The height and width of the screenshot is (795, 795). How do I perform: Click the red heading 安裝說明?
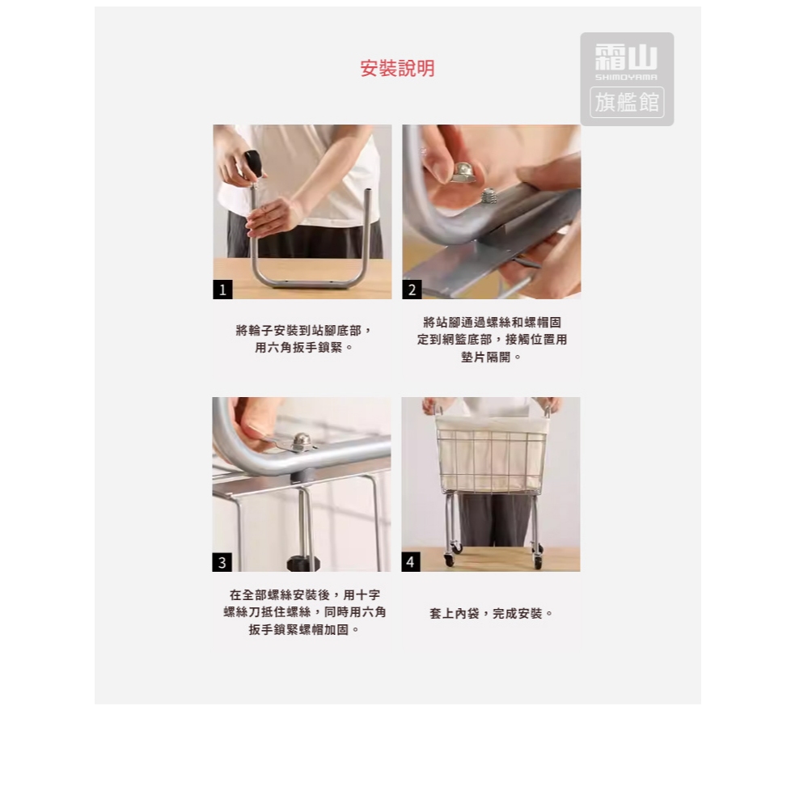click(x=398, y=69)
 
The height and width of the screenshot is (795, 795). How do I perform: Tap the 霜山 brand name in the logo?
click(x=626, y=57)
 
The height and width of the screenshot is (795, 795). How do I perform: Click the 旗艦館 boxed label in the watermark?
click(x=627, y=103)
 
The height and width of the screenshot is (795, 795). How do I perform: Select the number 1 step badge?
click(x=222, y=290)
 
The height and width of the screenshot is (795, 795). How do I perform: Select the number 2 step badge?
click(x=412, y=290)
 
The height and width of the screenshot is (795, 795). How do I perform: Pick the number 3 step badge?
click(x=222, y=562)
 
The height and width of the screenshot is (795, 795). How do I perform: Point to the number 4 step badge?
click(x=411, y=562)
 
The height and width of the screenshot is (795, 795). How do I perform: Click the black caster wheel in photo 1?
click(x=254, y=163)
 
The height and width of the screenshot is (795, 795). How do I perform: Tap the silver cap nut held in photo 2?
click(x=465, y=172)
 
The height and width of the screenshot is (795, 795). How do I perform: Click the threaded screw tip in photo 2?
click(x=488, y=196)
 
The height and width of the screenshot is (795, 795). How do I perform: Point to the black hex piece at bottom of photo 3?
click(x=302, y=564)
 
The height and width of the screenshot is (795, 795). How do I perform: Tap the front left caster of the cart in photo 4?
click(x=449, y=560)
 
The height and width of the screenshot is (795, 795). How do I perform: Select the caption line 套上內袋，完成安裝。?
click(x=491, y=614)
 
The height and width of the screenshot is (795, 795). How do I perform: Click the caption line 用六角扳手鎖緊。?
click(x=303, y=348)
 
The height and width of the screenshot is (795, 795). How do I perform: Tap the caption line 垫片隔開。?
click(x=491, y=357)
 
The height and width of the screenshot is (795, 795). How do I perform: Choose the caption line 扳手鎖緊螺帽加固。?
click(x=304, y=630)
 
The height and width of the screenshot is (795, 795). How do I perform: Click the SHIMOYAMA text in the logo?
click(x=626, y=78)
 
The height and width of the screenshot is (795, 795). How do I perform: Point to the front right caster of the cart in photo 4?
click(x=537, y=560)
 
